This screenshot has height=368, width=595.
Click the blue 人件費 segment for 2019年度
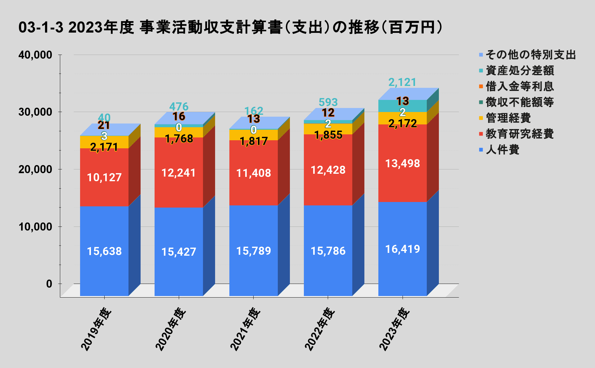[104, 236]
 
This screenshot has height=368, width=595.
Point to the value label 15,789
[254, 251]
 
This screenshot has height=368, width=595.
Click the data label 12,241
[179, 173]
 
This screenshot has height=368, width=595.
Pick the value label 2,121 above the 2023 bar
[402, 82]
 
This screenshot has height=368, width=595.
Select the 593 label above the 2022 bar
[328, 102]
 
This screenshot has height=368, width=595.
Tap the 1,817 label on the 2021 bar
[254, 141]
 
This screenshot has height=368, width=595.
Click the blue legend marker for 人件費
[481, 150]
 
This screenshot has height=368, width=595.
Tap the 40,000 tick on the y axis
[35, 55]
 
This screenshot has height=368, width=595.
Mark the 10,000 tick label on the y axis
[35, 227]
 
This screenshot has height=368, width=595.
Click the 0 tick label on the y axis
[49, 284]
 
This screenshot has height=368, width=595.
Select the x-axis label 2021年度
[245, 329]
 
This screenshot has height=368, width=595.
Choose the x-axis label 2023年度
[394, 329]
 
